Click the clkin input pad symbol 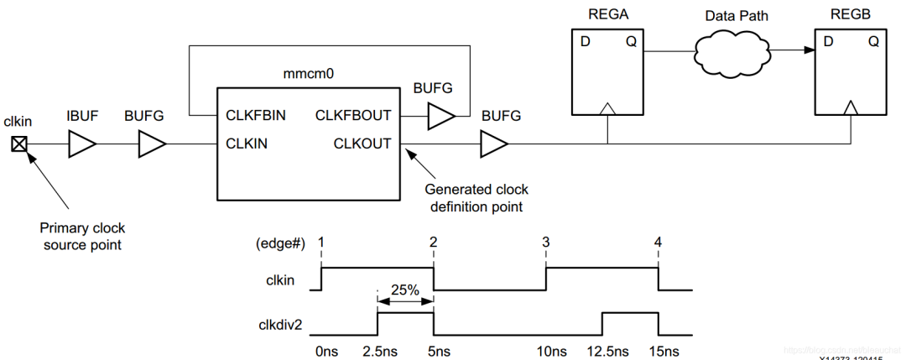[18, 144]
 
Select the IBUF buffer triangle [82, 145]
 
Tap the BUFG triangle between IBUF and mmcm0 [152, 145]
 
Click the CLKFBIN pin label [255, 115]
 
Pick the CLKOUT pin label [362, 143]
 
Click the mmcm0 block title [309, 74]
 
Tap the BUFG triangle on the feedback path [441, 117]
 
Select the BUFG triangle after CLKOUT [493, 145]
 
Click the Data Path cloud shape [734, 51]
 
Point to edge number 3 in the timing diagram [546, 242]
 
